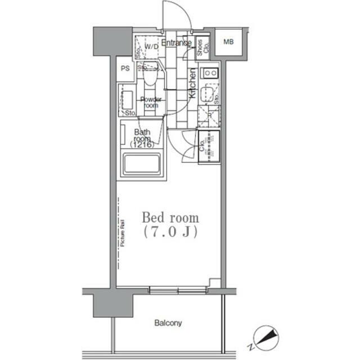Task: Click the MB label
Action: pos(229,42)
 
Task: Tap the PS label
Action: pos(125,69)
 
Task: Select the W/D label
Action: pos(152,47)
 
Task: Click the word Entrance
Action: pos(177,43)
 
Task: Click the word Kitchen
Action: pos(192,84)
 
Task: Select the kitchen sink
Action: pos(209,93)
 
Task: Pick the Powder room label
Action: pos(151,102)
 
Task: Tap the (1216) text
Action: pos(142,145)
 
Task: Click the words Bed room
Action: pos(170,218)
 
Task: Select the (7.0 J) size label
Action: pos(170,232)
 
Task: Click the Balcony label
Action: pos(168,323)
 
